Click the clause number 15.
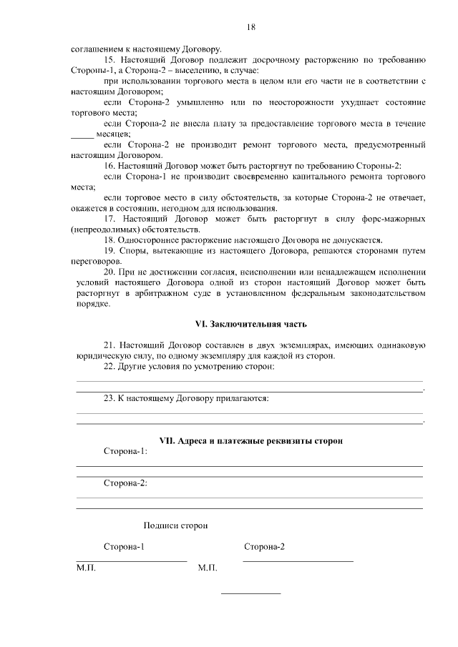[109, 60]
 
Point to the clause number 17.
[109, 218]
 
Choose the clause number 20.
[109, 272]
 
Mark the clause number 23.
[109, 398]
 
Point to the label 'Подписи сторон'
[175, 525]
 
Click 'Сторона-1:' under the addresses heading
[126, 452]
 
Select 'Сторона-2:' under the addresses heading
[126, 483]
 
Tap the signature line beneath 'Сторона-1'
[131, 560]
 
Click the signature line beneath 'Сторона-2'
[298, 560]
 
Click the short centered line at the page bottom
[250, 593]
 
